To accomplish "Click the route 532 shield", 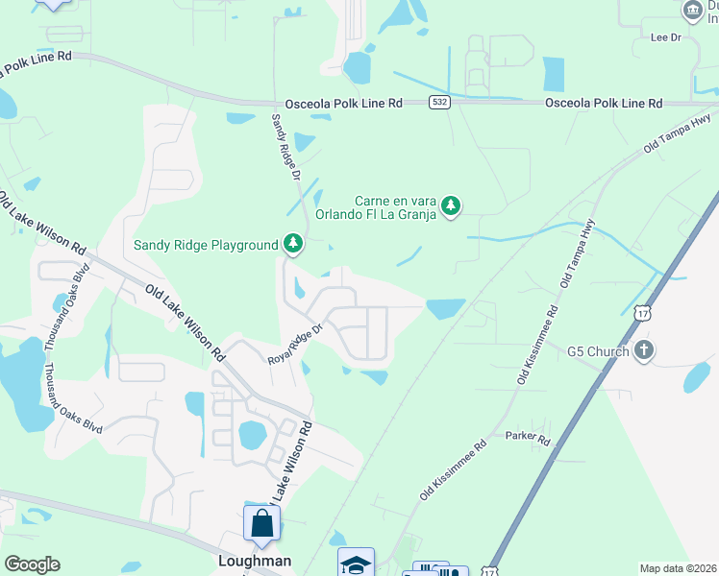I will [x=439, y=103].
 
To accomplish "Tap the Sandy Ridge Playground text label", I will [x=206, y=246].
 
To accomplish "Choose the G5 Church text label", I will [x=598, y=351].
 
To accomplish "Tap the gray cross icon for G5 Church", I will [x=644, y=350].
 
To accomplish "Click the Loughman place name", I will [x=255, y=561].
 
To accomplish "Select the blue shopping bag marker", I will [x=261, y=525].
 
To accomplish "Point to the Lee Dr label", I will [x=665, y=37].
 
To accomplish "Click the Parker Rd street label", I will [x=528, y=439].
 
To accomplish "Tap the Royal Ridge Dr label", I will [x=299, y=345].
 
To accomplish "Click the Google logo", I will [x=32, y=564].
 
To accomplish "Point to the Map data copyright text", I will [x=677, y=568].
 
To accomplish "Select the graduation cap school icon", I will [x=355, y=564].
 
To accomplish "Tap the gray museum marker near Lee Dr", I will [x=692, y=11].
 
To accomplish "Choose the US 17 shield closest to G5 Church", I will [x=643, y=312].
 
